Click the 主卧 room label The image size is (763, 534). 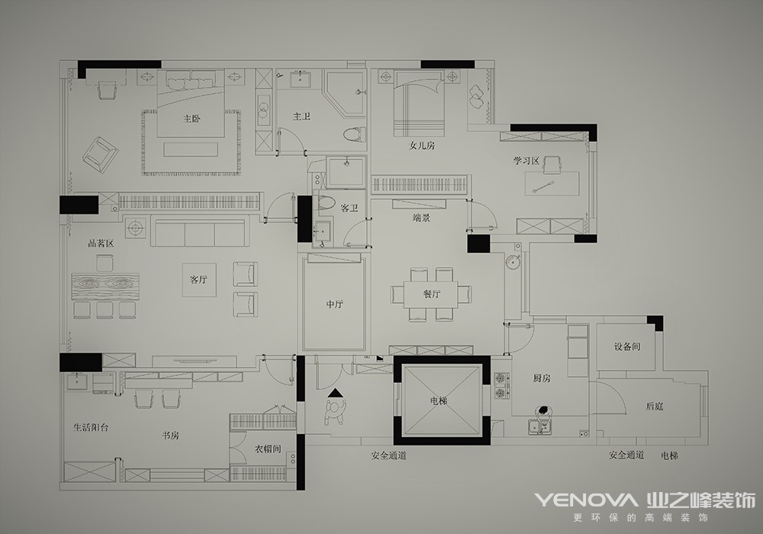[x=192, y=118]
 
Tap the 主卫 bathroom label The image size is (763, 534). [x=301, y=116]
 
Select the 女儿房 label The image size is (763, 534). [x=422, y=145]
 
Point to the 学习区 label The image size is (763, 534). [x=526, y=160]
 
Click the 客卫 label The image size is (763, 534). [x=349, y=208]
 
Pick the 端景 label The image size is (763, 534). [x=421, y=218]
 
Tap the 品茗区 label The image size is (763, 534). [x=101, y=243]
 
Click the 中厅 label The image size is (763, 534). [x=335, y=304]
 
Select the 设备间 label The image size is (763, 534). [x=626, y=347]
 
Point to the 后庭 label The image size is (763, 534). [x=654, y=406]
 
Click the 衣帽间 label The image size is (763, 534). [x=268, y=449]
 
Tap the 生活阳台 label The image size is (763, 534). [x=91, y=427]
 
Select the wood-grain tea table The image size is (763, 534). [x=105, y=287]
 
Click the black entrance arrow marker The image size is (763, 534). [x=335, y=393]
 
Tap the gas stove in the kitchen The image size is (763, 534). [x=502, y=386]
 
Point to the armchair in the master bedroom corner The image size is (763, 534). [x=101, y=155]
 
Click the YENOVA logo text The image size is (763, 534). [x=586, y=500]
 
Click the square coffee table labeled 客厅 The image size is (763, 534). [x=198, y=280]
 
